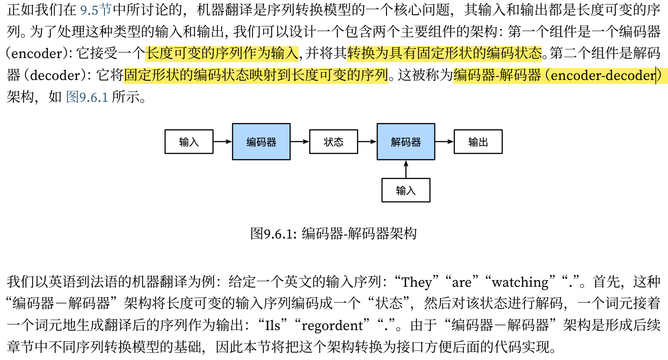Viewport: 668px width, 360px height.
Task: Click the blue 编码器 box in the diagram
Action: pos(261,142)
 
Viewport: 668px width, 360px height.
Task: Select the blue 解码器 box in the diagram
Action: pos(406,142)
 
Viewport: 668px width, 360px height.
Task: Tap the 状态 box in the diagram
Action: pos(333,142)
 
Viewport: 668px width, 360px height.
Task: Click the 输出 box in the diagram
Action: pos(478,142)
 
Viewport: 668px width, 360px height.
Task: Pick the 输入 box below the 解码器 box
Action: pos(406,190)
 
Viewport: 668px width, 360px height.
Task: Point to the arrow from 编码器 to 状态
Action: pos(299,142)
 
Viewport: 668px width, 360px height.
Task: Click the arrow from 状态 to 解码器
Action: pos(367,142)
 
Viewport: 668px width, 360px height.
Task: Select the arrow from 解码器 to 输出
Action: pos(444,142)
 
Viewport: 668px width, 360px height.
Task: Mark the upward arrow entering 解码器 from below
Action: pos(406,169)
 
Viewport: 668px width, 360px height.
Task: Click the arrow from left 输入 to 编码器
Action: pos(222,142)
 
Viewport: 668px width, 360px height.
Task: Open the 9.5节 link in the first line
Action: pos(95,10)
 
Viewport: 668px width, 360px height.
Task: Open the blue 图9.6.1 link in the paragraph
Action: pos(87,97)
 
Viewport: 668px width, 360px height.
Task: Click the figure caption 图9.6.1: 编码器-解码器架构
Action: pos(333,233)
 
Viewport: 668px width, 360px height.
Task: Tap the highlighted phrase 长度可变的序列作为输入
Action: pos(222,54)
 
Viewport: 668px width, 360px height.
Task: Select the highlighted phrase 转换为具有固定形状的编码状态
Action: pos(444,54)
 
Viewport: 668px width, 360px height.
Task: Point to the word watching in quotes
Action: pos(520,282)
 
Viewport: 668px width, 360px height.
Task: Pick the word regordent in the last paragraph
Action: pos(332,326)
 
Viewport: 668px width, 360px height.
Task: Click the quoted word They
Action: pos(416,282)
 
